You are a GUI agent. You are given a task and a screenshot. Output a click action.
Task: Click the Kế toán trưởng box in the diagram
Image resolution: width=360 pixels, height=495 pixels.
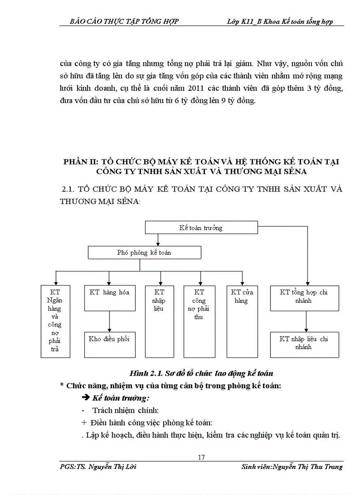201,228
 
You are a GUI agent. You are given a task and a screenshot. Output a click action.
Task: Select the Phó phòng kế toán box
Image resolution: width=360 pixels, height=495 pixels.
144,253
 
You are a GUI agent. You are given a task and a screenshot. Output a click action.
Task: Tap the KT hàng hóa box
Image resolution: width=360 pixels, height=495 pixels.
109,293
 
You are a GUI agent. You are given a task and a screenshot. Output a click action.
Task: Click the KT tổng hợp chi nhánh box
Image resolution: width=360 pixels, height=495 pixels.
304,296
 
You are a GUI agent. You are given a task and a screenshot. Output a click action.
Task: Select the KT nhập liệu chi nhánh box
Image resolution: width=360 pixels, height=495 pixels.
304,343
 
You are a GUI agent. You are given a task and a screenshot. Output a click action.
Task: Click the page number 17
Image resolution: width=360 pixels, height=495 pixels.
201,457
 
